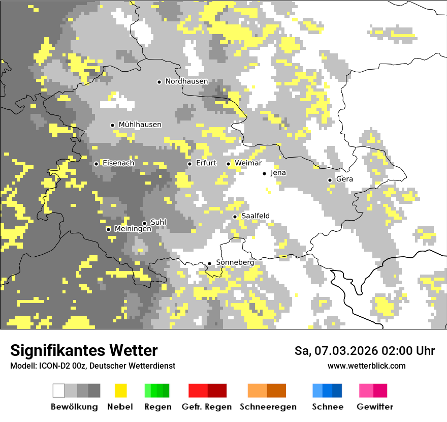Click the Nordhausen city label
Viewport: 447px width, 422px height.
pyautogui.click(x=186, y=81)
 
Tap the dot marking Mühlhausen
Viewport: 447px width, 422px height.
pyautogui.click(x=112, y=125)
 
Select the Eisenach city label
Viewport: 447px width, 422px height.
pyautogui.click(x=118, y=163)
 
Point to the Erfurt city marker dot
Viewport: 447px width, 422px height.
pyautogui.click(x=189, y=164)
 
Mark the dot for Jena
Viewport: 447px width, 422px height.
pyautogui.click(x=264, y=173)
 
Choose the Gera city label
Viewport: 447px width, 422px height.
pyautogui.click(x=344, y=179)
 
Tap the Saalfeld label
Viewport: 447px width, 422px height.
pyautogui.click(x=255, y=216)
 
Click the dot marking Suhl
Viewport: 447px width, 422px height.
pyautogui.click(x=144, y=223)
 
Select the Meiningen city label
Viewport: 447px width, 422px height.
pyautogui.click(x=133, y=229)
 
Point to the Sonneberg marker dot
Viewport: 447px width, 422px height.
pyautogui.click(x=209, y=263)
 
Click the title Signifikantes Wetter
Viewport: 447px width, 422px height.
pyautogui.click(x=84, y=351)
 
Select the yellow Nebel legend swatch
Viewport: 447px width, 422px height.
pyautogui.click(x=120, y=390)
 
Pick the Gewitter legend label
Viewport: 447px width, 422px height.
pyautogui.click(x=375, y=407)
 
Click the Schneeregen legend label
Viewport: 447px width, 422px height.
pyautogui.click(x=268, y=407)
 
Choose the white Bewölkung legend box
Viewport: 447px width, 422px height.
pyautogui.click(x=59, y=390)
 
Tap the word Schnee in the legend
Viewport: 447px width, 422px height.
pyautogui.click(x=328, y=407)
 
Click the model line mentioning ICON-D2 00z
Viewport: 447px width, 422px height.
pyautogui.click(x=92, y=366)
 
